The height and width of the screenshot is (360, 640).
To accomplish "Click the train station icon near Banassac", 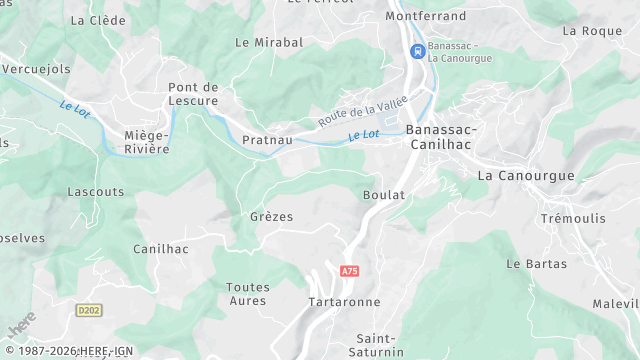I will coord(416,52).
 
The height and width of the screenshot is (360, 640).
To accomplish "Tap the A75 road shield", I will coord(349,271).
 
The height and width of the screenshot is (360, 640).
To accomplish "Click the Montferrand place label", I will coord(426,17).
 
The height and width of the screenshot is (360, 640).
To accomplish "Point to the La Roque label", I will coord(592,31).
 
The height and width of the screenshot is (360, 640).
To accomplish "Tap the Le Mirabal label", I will coord(268,43).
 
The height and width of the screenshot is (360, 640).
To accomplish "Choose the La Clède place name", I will coord(99,20).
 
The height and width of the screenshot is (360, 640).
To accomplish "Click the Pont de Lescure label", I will coord(193,94).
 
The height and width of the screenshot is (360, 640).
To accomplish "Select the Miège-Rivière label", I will coord(147,142).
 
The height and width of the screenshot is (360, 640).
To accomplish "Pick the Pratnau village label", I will coord(267,140).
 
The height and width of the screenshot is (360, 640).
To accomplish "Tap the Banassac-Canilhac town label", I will coord(441,138).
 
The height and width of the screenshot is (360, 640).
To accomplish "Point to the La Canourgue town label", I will coord(526,175).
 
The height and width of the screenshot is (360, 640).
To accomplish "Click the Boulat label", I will coord(384,195).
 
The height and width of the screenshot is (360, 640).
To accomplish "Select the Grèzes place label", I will coord(271,216).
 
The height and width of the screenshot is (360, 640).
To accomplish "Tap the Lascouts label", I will coord(96,191).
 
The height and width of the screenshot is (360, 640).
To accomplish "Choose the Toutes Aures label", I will coord(248,294).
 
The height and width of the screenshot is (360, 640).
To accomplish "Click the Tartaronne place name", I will coord(344,302).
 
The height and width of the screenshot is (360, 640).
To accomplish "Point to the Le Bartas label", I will coord(536,264).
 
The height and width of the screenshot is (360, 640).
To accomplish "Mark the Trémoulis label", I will coord(574,218).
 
